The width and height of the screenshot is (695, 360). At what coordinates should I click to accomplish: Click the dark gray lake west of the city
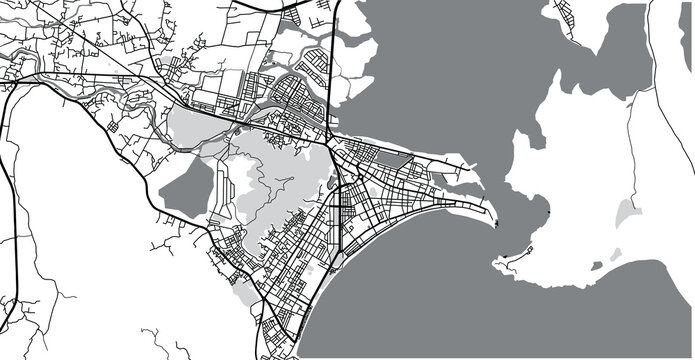pyautogui.click(x=188, y=187)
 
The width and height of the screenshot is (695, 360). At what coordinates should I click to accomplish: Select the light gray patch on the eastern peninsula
pyautogui.click(x=627, y=212)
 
